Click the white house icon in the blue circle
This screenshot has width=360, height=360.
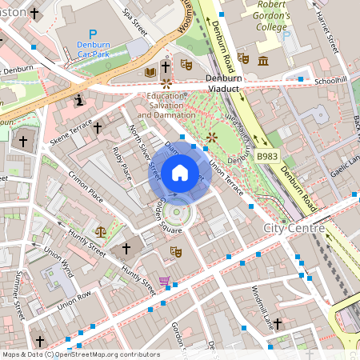click(x=179, y=173)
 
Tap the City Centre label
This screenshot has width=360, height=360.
click(x=294, y=229)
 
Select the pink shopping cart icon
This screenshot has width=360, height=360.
click(x=164, y=281)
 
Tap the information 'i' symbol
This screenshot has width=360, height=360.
click(x=79, y=101)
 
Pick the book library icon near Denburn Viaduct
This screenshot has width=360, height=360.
click(x=149, y=73)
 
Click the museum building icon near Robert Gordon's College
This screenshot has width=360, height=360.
click(x=263, y=61)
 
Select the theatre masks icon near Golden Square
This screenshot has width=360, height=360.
click(x=175, y=252)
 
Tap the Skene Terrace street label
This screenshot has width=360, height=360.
click(x=70, y=137)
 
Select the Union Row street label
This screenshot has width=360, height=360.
click(x=74, y=301)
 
